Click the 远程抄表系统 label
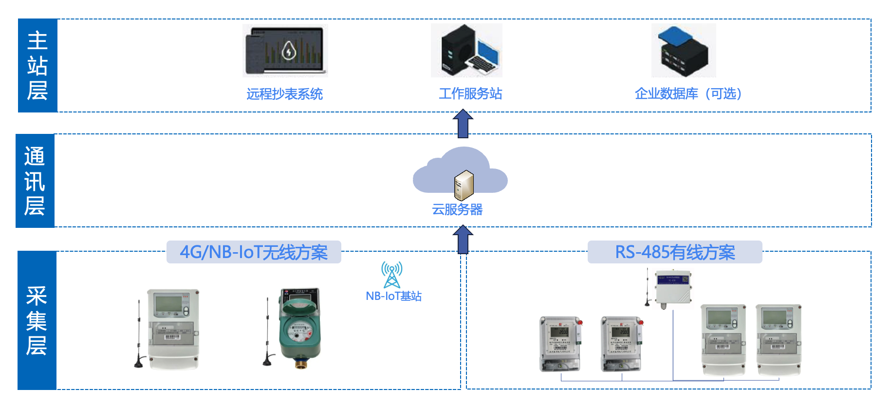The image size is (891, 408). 284,94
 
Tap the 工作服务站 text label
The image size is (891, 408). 470,93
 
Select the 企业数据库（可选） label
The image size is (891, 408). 687,93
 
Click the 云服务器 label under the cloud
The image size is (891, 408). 457,209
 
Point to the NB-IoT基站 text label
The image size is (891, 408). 393,296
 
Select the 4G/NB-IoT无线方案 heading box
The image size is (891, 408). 254,252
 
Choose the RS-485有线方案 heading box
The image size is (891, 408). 675,252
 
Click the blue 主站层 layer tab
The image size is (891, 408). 37,66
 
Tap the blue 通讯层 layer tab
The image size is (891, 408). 35,181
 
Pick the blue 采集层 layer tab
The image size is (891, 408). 37,320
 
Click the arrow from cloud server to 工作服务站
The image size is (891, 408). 463,123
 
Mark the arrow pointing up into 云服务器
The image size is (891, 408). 463,239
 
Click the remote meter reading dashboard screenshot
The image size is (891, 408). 285,51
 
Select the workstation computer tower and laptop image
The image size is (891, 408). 466,51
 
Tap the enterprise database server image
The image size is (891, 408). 684,51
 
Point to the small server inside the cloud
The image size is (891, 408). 464,185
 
